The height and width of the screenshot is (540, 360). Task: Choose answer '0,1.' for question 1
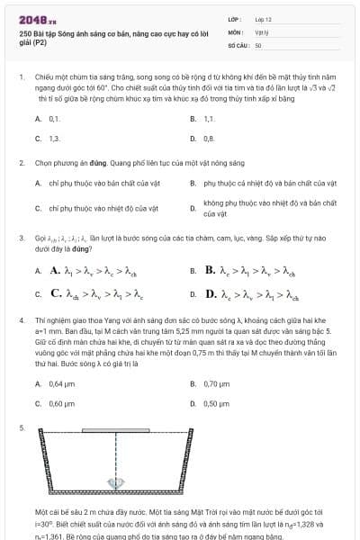point(54,118)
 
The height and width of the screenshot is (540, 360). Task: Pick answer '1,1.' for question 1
point(209,118)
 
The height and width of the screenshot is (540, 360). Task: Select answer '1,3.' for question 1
point(54,139)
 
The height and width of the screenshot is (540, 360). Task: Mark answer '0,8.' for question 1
point(209,139)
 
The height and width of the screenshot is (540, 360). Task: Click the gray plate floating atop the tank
point(116,431)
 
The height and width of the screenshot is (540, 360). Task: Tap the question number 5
point(21,427)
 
